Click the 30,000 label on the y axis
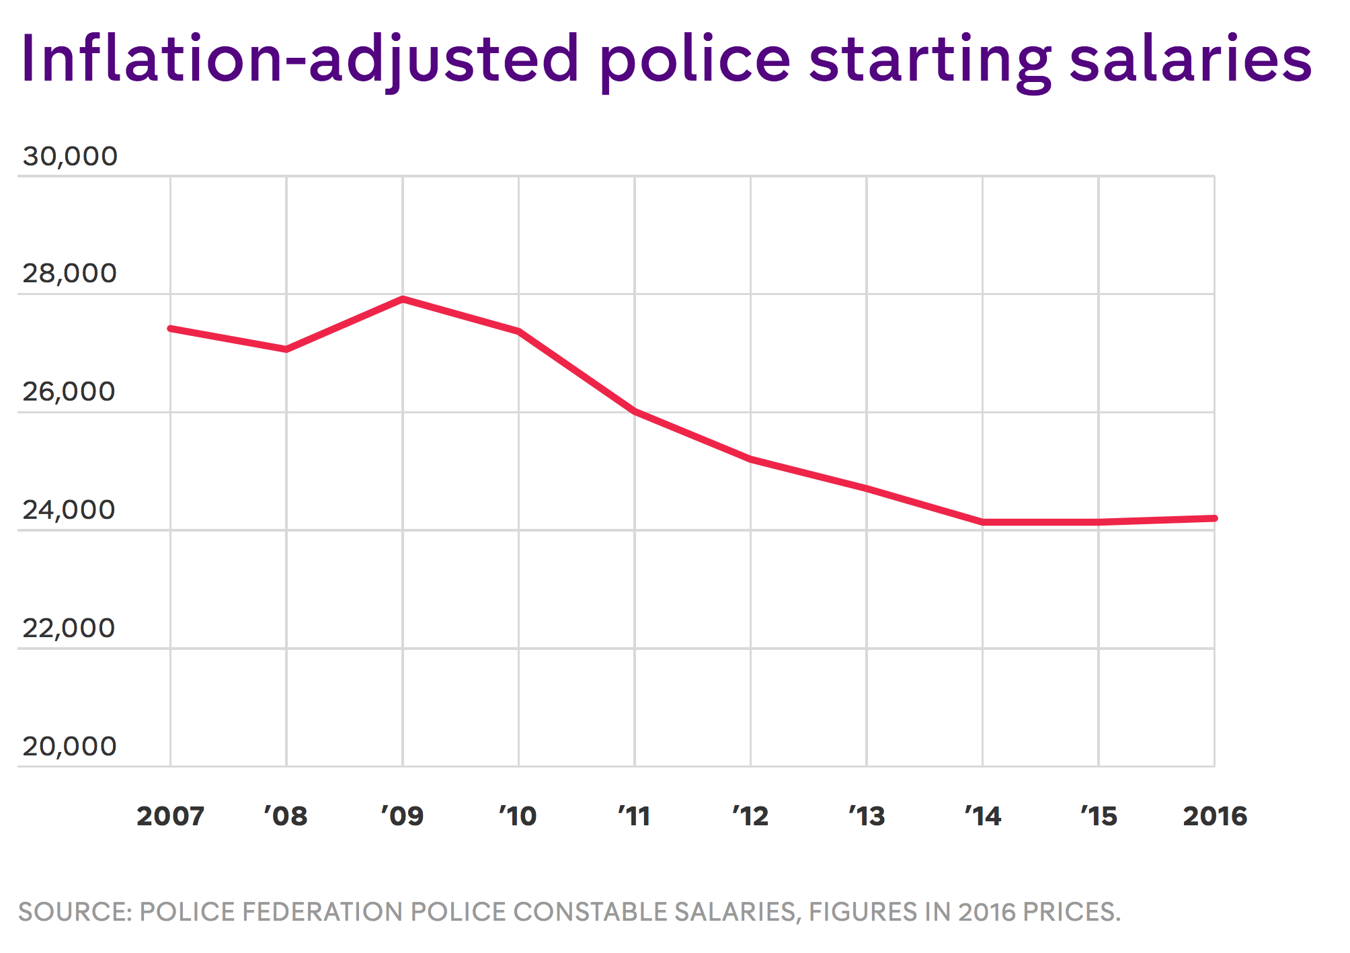[70, 156]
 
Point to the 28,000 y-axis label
[70, 274]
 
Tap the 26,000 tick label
[70, 392]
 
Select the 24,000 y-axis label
[70, 510]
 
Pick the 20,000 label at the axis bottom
[70, 746]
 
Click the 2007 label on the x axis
[170, 816]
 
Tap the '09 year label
[402, 816]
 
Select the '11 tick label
[634, 816]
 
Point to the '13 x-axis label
[867, 816]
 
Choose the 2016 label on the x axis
[1215, 816]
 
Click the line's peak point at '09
[403, 299]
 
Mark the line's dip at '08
[287, 349]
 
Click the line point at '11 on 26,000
[635, 411]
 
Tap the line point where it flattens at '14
[983, 522]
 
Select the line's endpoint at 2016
[1214, 518]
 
